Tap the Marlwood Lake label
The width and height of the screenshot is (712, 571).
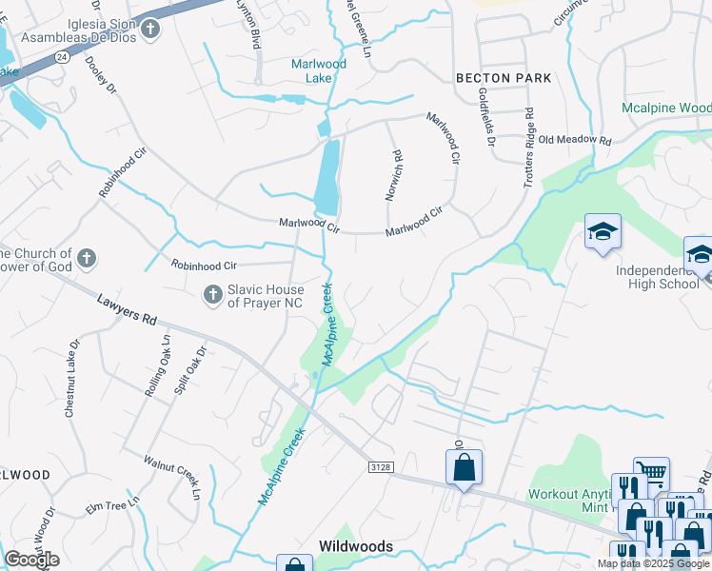[319, 70]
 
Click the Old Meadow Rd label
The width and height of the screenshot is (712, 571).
[574, 140]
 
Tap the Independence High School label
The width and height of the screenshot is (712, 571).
[657, 277]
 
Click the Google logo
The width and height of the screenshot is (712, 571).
[31, 560]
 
